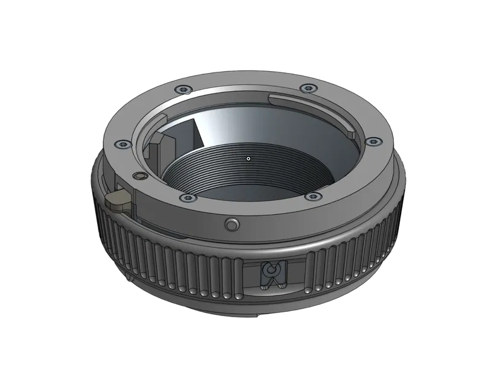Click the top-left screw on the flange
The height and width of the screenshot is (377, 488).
182,90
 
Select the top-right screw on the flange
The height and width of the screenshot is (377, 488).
308,89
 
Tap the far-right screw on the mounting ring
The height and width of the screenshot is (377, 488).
373,142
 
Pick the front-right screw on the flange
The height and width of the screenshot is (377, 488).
311,196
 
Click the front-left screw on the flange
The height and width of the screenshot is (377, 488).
186,197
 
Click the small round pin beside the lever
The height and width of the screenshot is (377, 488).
141,176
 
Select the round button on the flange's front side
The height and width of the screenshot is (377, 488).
231,224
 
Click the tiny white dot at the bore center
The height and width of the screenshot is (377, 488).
248,159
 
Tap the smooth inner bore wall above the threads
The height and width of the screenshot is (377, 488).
253,127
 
